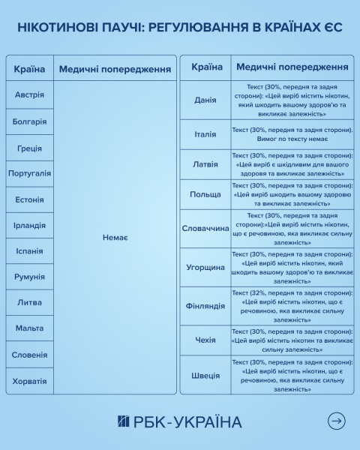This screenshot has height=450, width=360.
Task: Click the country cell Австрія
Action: point(29,95)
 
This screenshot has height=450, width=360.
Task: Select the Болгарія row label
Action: point(29,121)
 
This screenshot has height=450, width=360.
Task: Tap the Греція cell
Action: point(29,148)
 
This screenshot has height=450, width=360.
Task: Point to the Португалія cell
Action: point(29,173)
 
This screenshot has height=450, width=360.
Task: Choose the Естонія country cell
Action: point(29,199)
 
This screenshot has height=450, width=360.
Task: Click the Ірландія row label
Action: point(29,225)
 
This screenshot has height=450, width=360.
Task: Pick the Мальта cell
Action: point(29,328)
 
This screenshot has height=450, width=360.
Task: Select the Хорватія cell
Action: point(29,381)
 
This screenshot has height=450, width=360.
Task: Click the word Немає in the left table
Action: point(115,238)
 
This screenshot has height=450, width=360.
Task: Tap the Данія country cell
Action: point(205,100)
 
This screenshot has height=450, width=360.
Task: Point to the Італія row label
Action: point(205,134)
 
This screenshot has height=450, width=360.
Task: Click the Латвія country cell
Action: point(205,164)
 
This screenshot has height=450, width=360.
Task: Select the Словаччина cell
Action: point(205,228)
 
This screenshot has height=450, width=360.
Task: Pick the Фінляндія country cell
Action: point(205,306)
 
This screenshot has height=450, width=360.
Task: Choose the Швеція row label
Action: point(205,376)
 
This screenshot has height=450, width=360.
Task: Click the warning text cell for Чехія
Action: point(292,340)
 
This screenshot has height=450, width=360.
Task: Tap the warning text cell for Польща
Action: point(292,193)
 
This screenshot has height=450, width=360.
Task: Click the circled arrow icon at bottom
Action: point(337,421)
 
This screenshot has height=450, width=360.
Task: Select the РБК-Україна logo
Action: point(179,421)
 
